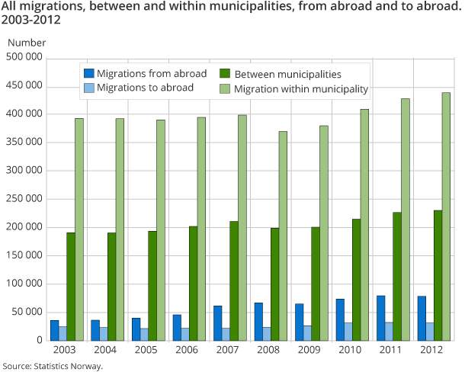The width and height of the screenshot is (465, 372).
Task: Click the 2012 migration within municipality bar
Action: [x=446, y=216]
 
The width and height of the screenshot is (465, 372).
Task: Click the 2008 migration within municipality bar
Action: [x=283, y=236]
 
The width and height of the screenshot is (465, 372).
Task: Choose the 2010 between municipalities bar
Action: [x=356, y=280]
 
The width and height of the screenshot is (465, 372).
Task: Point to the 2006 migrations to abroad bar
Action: [x=184, y=335]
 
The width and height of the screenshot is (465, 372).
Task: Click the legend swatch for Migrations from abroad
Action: [x=88, y=74]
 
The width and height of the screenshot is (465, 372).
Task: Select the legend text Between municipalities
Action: [x=287, y=74]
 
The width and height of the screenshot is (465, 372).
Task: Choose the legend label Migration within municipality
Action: [x=301, y=88]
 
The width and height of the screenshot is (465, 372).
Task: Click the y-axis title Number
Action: [x=27, y=43]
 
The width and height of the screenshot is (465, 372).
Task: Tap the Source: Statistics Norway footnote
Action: [x=52, y=366]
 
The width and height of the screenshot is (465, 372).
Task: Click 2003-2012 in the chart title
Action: [x=31, y=21]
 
